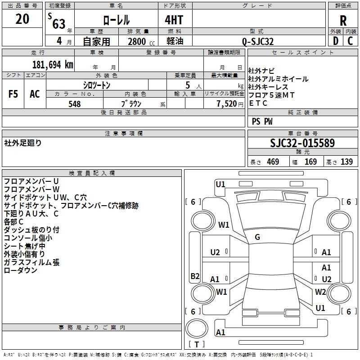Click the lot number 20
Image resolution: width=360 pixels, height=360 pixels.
tap(22, 19)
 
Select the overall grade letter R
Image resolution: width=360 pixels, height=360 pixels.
tap(343, 21)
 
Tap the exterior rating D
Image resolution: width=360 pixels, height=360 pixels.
tap(336, 41)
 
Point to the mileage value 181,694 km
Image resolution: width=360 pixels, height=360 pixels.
tap(53, 65)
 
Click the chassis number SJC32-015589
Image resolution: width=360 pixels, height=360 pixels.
tap(302, 143)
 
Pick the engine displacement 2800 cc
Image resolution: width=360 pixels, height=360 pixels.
tap(141, 41)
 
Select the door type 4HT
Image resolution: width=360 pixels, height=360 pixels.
tap(174, 20)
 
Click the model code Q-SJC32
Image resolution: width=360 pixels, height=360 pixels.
tap(258, 41)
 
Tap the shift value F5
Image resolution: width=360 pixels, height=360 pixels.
tap(13, 94)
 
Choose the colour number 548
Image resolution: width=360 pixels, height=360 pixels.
tap(75, 104)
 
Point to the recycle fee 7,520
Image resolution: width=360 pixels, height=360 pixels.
tap(227, 104)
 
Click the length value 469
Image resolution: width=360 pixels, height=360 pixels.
tap(273, 162)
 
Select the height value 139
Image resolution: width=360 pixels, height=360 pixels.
tap(346, 162)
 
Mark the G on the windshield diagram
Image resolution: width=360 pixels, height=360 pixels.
tap(257, 237)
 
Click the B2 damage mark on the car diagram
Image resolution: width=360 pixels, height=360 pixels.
tap(195, 276)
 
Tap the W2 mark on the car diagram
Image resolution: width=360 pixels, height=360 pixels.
tap(320, 292)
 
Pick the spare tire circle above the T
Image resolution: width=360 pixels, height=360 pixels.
tap(197, 329)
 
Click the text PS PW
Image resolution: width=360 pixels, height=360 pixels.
tap(262, 121)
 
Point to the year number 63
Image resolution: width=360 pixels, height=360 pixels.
tap(59, 24)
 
